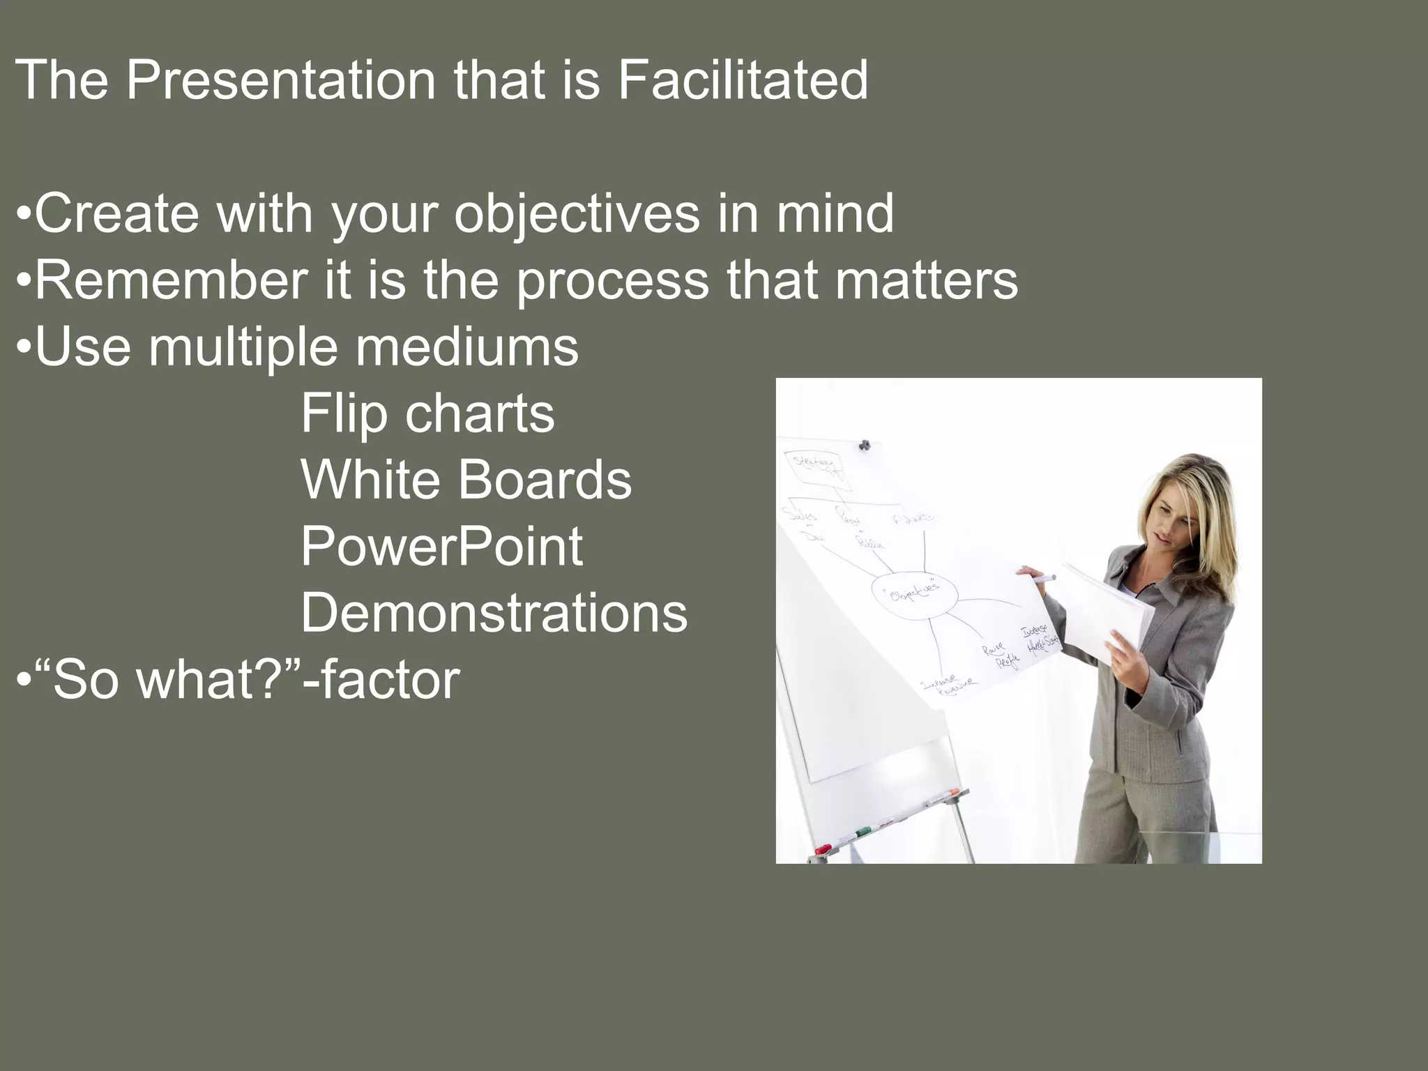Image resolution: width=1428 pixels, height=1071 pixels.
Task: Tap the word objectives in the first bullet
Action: click(x=577, y=213)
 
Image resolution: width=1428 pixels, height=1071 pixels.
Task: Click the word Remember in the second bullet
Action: click(x=171, y=280)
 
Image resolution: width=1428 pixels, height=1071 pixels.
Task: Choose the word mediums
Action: click(x=466, y=347)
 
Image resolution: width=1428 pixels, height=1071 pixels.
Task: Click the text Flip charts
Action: click(x=427, y=413)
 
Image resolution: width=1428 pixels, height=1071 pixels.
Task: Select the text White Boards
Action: click(x=466, y=480)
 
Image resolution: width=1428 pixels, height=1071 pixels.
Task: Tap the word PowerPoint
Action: click(x=441, y=547)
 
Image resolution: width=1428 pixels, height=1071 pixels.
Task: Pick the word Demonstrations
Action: click(x=494, y=613)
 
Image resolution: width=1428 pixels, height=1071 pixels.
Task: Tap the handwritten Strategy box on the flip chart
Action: click(x=813, y=463)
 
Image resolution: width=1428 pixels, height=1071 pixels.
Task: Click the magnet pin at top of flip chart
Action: click(x=865, y=445)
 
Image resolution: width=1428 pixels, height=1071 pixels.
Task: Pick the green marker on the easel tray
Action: click(x=863, y=832)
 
